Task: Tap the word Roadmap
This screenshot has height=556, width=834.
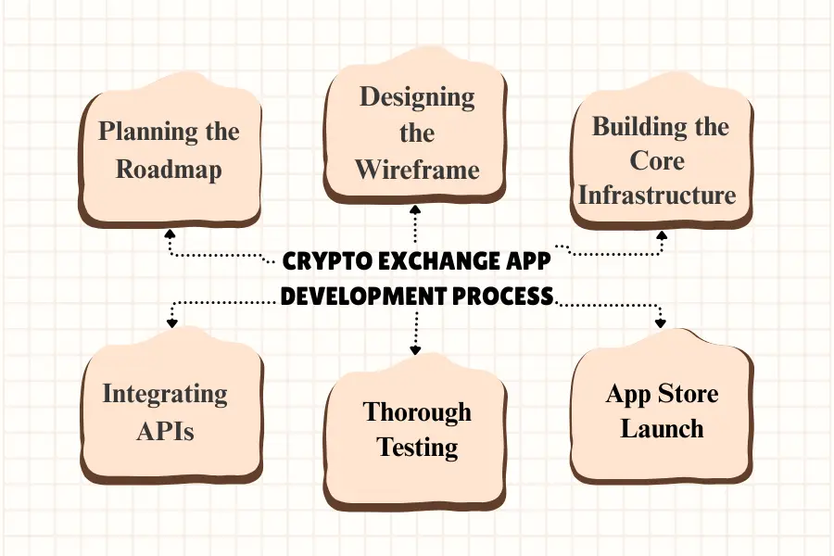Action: tap(169, 171)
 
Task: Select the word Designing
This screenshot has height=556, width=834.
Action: tap(417, 97)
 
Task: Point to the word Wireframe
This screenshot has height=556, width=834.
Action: tap(417, 170)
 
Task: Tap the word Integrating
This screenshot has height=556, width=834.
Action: tap(164, 394)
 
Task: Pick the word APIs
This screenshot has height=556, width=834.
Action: tap(164, 431)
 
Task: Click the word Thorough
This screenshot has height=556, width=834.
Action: tap(417, 411)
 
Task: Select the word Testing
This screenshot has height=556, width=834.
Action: tap(417, 448)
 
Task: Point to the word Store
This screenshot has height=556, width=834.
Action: tap(688, 394)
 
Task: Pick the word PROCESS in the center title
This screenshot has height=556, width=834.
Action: tap(505, 297)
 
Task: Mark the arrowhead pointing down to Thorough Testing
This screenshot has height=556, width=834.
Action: tap(415, 350)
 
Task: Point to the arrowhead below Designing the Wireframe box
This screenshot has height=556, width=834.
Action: tap(415, 213)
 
